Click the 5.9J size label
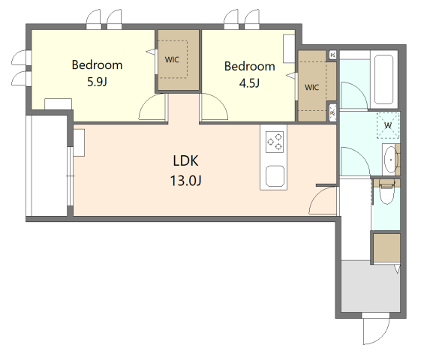pyautogui.click(x=97, y=82)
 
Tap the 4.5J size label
pyautogui.click(x=249, y=83)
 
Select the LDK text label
pyautogui.click(x=186, y=160)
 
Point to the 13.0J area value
pyautogui.click(x=186, y=181)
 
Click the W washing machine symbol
pyautogui.click(x=388, y=125)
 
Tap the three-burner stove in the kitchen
pyautogui.click(x=275, y=142)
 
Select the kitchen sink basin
pyautogui.click(x=275, y=176)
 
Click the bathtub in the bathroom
pyautogui.click(x=383, y=79)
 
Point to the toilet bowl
pyautogui.click(x=386, y=193)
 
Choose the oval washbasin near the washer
pyautogui.click(x=390, y=160)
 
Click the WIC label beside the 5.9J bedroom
pyautogui.click(x=172, y=60)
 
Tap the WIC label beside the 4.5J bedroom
pyautogui.click(x=311, y=87)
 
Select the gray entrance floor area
pyautogui.click(x=371, y=286)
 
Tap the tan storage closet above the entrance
pyautogui.click(x=386, y=247)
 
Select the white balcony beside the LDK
pyautogui.click(x=50, y=166)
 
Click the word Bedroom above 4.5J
pyautogui.click(x=250, y=67)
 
